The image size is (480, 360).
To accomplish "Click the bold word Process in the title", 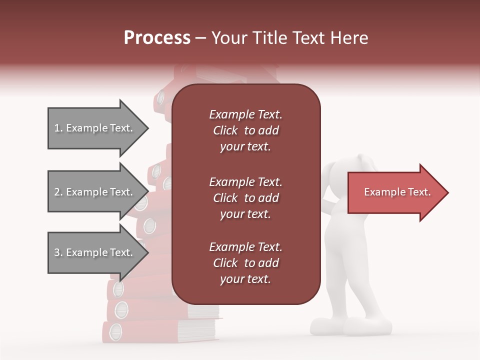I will tap(157, 38).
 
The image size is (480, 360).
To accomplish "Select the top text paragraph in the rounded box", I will tap(245, 130).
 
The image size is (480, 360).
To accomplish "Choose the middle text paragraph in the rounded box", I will tap(245, 198).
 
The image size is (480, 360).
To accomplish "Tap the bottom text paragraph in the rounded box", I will tap(245, 263).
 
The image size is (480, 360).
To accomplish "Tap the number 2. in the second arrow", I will tap(58, 192).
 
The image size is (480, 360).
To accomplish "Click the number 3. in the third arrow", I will tap(58, 252).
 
